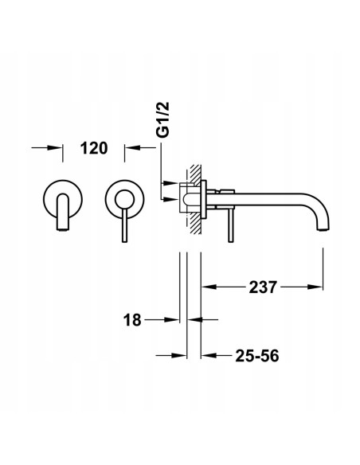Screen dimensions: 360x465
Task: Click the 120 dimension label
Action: click(x=94, y=148)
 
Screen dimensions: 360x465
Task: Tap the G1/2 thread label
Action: click(x=162, y=119)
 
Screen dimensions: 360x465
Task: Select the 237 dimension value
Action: click(x=263, y=287)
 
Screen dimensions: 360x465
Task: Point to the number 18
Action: click(x=132, y=320)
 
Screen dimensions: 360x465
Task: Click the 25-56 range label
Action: click(x=257, y=356)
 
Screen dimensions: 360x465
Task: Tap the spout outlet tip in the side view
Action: click(x=323, y=229)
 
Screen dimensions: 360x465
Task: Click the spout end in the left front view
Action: click(x=62, y=229)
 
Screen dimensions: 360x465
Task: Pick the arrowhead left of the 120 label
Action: click(x=55, y=147)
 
